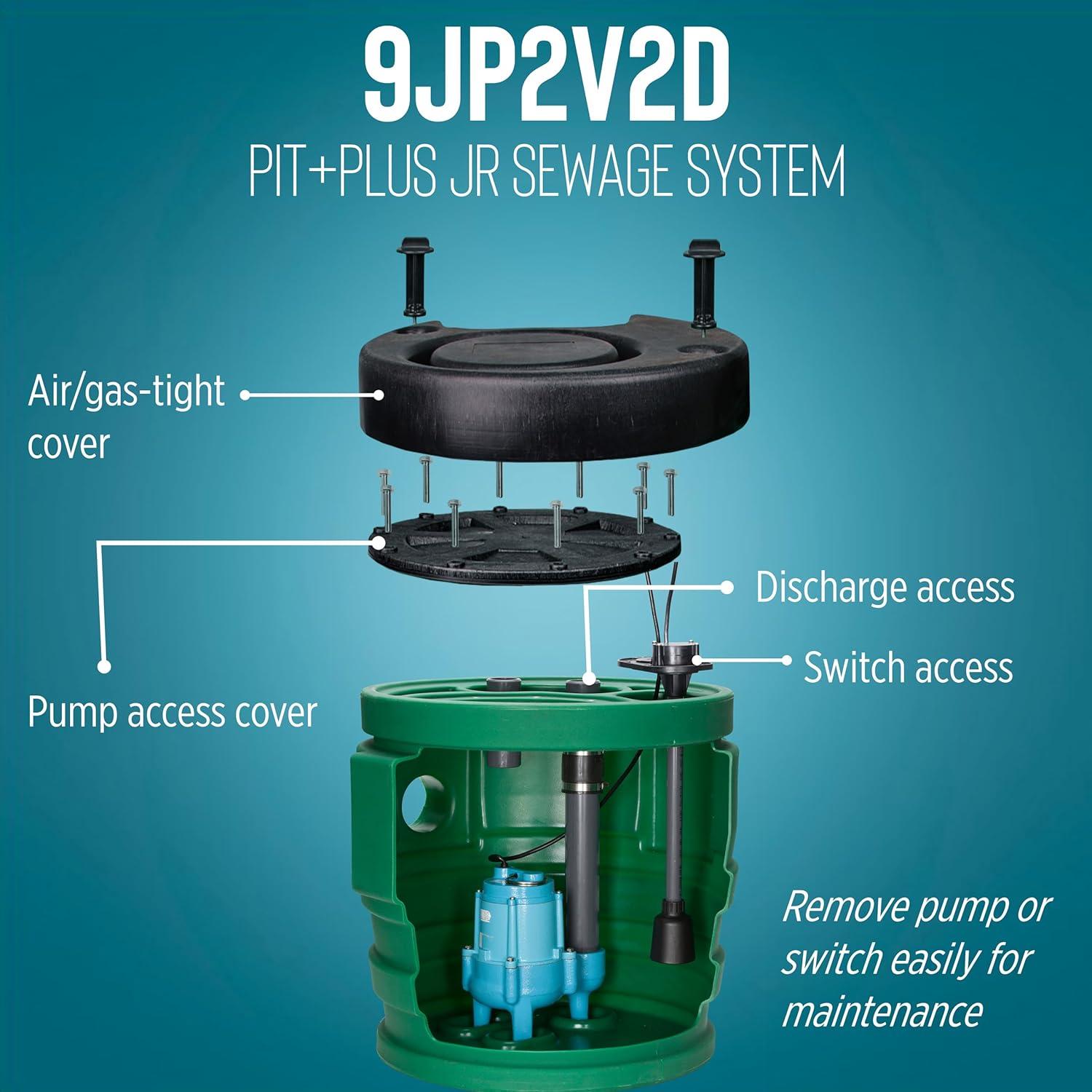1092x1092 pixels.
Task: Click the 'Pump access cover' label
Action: click(x=173, y=713)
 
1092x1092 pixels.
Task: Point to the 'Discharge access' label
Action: click(x=885, y=587)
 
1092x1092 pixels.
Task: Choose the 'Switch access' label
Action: click(x=908, y=668)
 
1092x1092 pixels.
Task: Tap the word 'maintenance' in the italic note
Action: click(x=882, y=1011)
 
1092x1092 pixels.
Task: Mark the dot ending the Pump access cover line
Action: click(x=104, y=665)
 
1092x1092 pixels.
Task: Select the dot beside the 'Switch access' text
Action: click(x=786, y=660)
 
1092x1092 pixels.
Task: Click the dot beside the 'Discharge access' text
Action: click(x=727, y=587)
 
